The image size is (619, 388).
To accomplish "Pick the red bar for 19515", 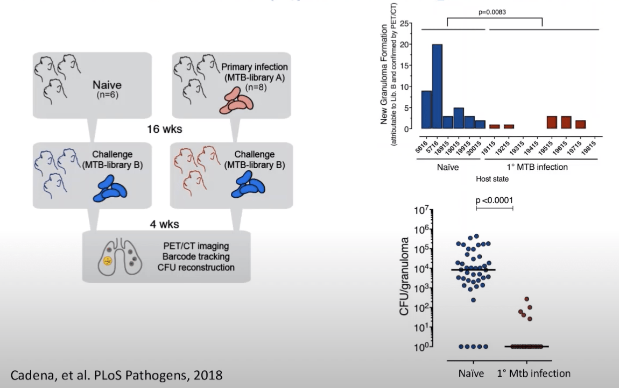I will (x=551, y=122).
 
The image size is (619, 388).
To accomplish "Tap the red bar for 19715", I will (x=580, y=124).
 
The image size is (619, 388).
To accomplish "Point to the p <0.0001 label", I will (x=494, y=200).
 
